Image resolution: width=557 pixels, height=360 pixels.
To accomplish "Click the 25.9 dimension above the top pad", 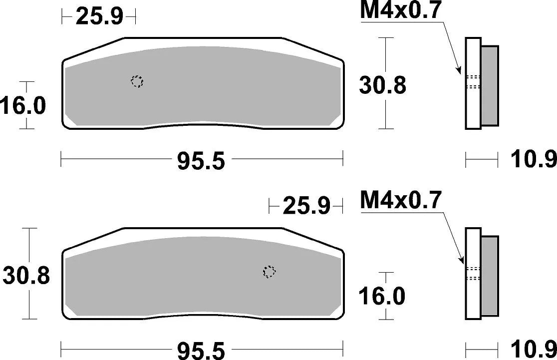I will coord(99,17).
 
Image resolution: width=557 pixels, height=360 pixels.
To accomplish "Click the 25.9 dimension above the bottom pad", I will coord(306,205).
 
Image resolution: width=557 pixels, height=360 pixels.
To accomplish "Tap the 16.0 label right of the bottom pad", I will coord(382,297).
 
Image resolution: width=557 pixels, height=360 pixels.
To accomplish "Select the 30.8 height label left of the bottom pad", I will coord(26,275).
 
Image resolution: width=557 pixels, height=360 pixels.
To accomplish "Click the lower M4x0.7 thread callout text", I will coord(401,201).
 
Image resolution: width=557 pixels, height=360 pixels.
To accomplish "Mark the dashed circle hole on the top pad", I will coord(137,81).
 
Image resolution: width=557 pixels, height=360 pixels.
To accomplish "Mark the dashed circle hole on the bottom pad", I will coord(269,271).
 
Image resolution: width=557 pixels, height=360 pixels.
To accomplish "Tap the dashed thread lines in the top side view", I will coord(473,82).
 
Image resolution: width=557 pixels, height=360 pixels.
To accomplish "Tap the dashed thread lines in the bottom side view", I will coord(473,273).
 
